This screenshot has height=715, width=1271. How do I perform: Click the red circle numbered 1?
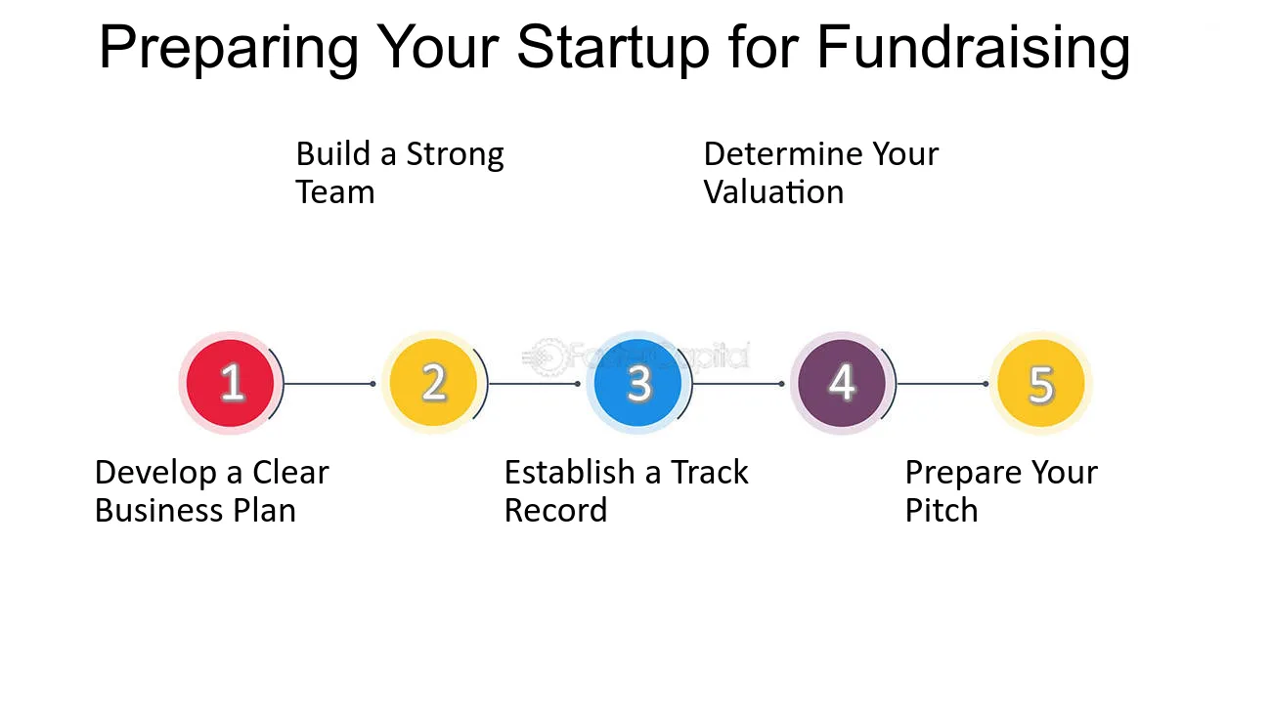point(231,383)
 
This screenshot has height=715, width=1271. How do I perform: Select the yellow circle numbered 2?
point(433,383)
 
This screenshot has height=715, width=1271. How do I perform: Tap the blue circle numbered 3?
point(637,383)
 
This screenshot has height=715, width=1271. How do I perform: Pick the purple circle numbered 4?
point(841,383)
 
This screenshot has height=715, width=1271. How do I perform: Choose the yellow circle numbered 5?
point(1040,384)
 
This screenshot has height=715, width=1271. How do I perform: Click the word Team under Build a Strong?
point(334,192)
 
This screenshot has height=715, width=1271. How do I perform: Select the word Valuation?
point(773,192)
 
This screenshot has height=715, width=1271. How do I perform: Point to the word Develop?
point(156,473)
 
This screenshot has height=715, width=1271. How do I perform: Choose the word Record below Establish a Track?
point(555,511)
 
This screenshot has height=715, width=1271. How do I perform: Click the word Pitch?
point(941,511)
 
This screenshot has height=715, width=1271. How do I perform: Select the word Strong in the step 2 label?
point(455,155)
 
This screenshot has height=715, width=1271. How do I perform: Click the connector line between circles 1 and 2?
point(328,384)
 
